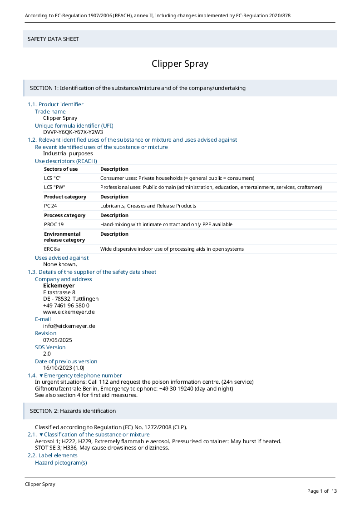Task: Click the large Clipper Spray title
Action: coord(180,64)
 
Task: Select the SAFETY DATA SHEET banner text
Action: coord(53,39)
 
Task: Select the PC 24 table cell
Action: coord(50,206)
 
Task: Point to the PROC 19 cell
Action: coord(54,224)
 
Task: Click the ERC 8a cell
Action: coord(52,249)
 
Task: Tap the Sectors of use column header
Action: coord(61,169)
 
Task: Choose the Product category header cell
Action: coord(65,197)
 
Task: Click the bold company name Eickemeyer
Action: coord(59,286)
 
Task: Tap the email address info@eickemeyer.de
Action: coord(69,326)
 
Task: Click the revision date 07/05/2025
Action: coord(58,340)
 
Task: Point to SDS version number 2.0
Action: coord(47,354)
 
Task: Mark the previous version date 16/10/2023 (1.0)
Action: coord(64,368)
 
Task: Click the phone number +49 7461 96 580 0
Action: coord(66,306)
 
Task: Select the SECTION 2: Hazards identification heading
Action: coord(73,411)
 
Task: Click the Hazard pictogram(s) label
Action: coord(61,463)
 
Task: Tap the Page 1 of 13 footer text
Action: coord(322,491)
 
